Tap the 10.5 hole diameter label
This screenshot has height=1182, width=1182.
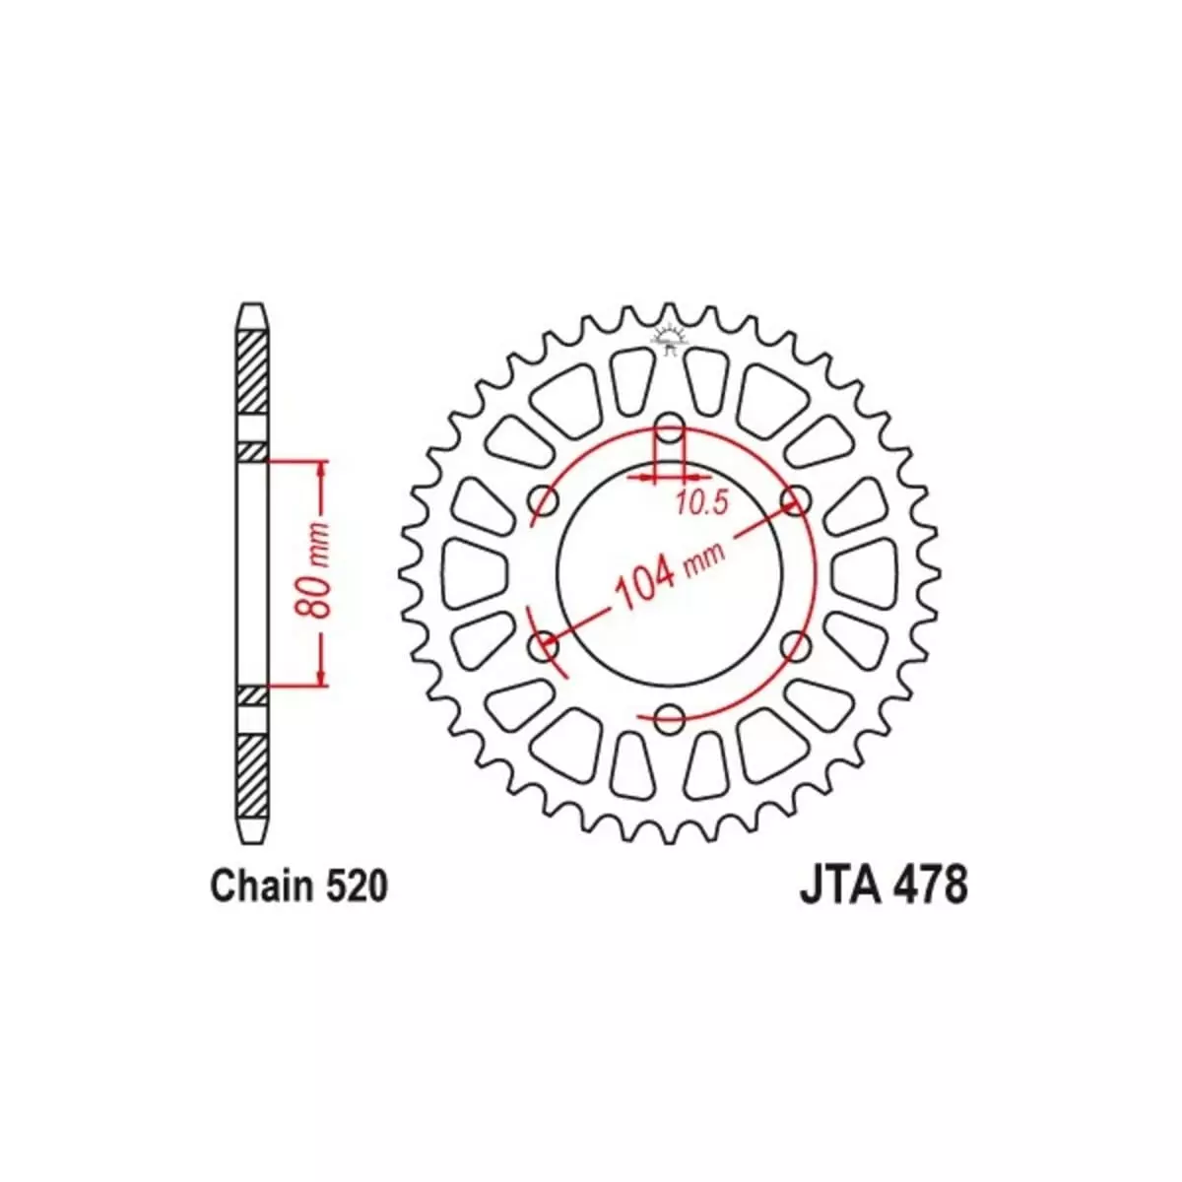tap(702, 502)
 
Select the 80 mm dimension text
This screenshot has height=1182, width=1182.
tap(312, 570)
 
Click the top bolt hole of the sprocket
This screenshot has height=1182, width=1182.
tap(669, 427)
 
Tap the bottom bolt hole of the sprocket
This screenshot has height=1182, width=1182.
tap(669, 716)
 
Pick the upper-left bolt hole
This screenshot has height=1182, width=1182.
tap(544, 500)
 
